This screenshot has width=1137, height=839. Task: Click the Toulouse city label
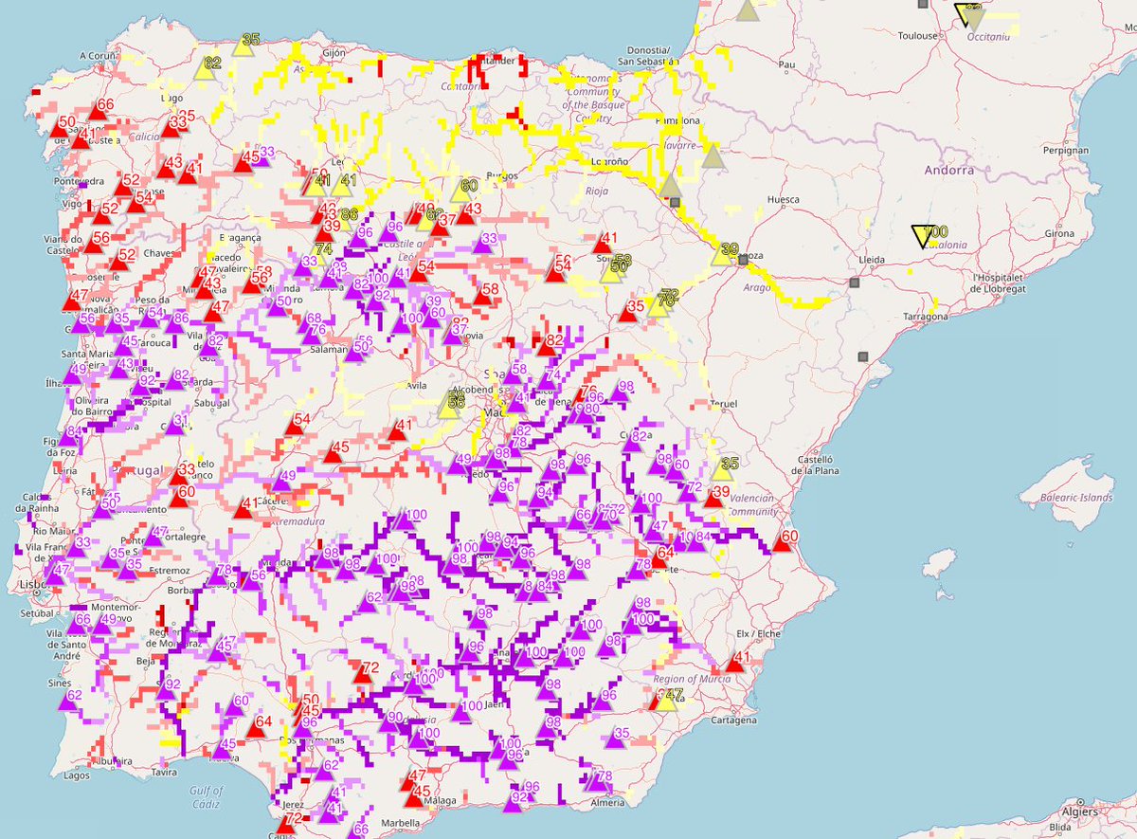click(x=918, y=36)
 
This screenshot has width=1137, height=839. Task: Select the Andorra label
click(x=947, y=172)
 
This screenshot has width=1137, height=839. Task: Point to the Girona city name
click(x=1061, y=233)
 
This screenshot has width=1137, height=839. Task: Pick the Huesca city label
click(x=784, y=200)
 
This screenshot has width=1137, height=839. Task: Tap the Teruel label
click(x=722, y=404)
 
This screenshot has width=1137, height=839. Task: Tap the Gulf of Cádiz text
click(x=206, y=796)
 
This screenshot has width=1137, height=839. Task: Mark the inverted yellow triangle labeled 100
click(x=921, y=236)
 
